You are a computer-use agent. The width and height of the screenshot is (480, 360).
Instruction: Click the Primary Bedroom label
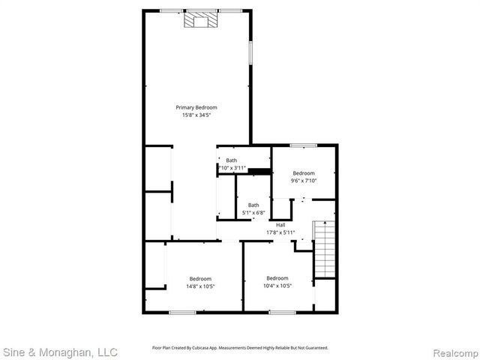tap(196, 108)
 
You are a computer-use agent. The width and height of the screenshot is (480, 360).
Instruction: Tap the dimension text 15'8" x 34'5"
tap(196, 115)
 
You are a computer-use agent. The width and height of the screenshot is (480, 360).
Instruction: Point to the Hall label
tap(280, 225)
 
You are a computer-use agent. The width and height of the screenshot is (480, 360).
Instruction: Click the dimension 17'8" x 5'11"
tap(280, 232)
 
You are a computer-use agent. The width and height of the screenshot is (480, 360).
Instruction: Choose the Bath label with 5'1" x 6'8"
tap(253, 205)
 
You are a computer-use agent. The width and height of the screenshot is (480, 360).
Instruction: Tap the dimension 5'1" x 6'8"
tap(253, 213)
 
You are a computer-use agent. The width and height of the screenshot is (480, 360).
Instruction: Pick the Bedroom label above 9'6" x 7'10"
tap(304, 173)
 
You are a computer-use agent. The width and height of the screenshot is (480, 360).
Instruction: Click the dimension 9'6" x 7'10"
tap(304, 181)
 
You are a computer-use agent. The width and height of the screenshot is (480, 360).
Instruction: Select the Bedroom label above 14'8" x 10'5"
tap(200, 279)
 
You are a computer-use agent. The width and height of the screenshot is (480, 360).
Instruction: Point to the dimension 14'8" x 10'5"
tap(200, 286)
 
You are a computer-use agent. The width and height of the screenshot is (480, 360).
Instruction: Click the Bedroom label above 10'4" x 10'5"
tap(277, 278)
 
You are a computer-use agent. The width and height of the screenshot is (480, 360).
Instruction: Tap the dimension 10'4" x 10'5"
tap(277, 286)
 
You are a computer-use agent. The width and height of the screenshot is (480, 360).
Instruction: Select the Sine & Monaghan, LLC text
tap(60, 352)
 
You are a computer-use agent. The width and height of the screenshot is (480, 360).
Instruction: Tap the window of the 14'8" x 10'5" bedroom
tap(181, 312)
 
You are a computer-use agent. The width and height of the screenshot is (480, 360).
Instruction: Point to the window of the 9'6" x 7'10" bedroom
tap(303, 145)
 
